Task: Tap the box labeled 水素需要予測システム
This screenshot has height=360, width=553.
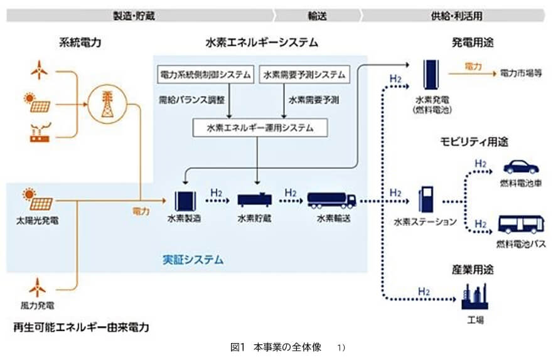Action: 303,75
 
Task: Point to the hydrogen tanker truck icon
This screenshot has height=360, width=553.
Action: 331,199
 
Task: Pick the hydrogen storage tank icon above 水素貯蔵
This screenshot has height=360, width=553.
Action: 254,200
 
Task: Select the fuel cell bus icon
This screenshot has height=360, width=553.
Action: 520,224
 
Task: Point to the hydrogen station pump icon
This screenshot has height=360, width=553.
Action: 426,200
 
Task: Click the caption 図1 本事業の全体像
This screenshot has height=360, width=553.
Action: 276,347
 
